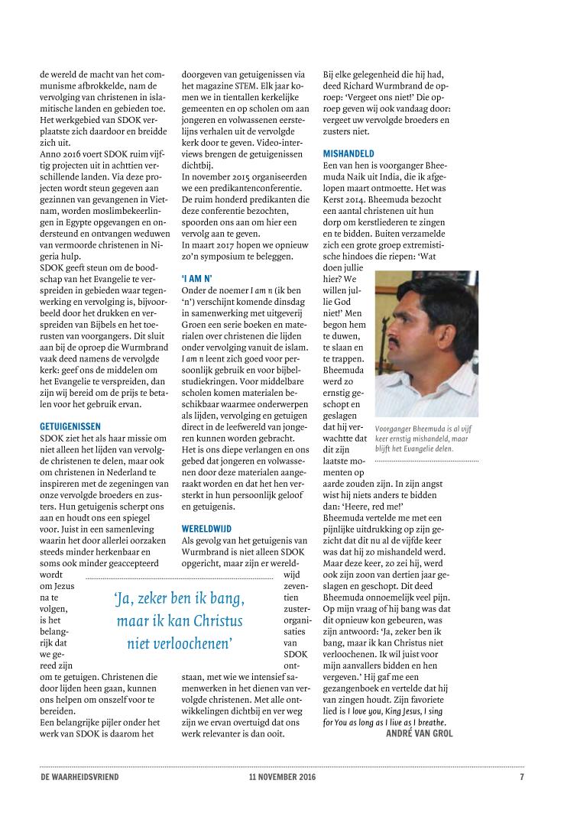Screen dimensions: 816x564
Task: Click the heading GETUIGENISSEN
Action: [70, 426]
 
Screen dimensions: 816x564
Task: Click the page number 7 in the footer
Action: [521, 777]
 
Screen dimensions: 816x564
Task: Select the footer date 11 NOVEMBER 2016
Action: [282, 777]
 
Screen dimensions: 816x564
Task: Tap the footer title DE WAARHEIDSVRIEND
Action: [79, 777]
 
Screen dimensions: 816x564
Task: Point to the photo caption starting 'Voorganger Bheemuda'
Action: [426, 439]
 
